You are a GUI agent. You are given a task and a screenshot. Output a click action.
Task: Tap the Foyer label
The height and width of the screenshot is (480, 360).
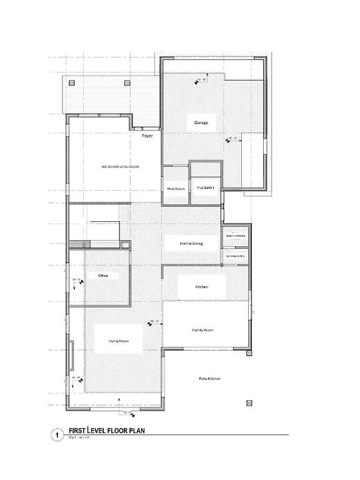click(x=147, y=136)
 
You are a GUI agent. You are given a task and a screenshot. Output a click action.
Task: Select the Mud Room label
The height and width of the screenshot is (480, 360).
click(x=175, y=187)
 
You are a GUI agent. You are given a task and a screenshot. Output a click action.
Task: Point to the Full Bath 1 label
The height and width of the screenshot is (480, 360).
click(x=206, y=187)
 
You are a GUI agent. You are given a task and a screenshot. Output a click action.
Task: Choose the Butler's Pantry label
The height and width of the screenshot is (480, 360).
click(x=235, y=235)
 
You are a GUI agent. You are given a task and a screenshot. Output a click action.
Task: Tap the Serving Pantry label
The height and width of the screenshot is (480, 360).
click(x=235, y=256)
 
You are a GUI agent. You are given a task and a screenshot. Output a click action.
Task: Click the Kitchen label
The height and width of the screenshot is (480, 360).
click(x=201, y=287)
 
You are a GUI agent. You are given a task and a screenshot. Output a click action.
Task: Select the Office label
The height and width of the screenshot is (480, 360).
click(x=95, y=276)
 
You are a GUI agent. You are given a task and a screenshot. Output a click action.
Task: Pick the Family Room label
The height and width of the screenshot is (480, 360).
click(x=202, y=329)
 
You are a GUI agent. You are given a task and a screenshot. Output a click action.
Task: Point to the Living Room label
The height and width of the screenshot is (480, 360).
click(x=119, y=341)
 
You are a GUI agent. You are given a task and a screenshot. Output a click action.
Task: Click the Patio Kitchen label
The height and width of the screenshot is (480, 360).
click(x=209, y=379)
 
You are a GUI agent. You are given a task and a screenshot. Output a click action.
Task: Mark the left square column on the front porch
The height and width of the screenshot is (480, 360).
click(x=72, y=82)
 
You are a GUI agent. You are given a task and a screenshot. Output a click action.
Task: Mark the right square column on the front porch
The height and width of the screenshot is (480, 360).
click(x=127, y=82)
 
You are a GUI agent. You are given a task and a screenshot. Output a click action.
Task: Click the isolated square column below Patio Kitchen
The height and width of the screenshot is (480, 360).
click(x=249, y=403)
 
